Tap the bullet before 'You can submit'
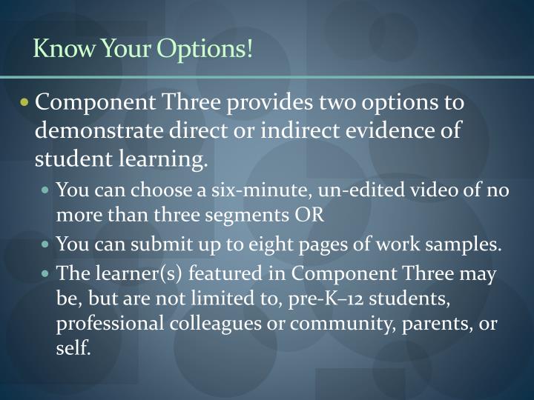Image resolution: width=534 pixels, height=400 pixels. (x=47, y=245)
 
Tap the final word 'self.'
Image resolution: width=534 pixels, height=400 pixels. (x=73, y=348)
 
